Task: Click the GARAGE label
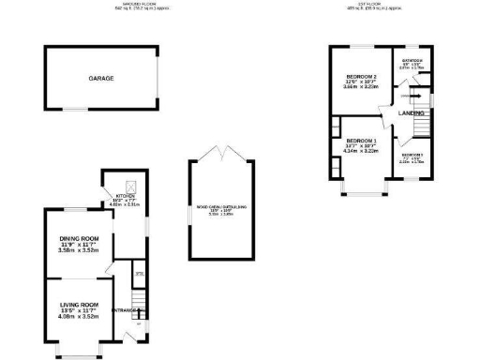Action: pyautogui.click(x=101, y=79)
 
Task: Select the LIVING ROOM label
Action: pyautogui.click(x=79, y=305)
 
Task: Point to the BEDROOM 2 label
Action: pyautogui.click(x=361, y=76)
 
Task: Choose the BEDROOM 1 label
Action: pyautogui.click(x=361, y=141)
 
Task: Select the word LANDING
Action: pyautogui.click(x=412, y=113)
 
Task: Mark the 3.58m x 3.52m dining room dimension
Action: pyautogui.click(x=79, y=250)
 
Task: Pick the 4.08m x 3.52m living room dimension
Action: pyautogui.click(x=79, y=316)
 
